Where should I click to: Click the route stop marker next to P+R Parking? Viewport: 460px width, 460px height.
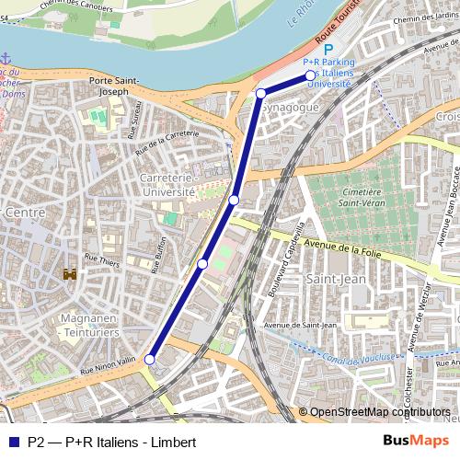point(309,75)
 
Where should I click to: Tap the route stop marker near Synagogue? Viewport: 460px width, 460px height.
point(261,93)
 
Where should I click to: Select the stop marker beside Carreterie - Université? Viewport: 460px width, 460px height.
point(234,200)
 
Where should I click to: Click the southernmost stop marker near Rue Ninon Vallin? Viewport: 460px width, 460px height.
point(150,361)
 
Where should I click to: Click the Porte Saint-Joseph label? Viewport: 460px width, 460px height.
point(114,86)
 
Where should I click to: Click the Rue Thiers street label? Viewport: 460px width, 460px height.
point(103,260)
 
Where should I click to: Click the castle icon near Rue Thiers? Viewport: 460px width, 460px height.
point(69,273)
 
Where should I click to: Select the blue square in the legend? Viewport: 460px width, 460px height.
point(12,441)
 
